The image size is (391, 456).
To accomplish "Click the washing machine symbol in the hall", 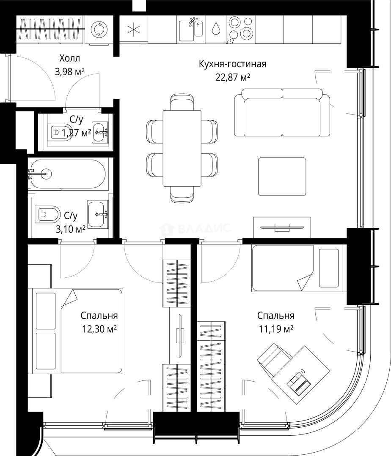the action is click(x=99, y=30).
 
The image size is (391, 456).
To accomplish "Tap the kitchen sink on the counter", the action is click(x=191, y=29).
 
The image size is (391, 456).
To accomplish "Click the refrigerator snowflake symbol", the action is click(x=134, y=30).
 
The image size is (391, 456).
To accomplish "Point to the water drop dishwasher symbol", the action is click(x=216, y=29).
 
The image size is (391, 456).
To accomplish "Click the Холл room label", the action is click(x=70, y=58).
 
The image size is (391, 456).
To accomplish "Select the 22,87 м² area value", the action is click(x=233, y=77).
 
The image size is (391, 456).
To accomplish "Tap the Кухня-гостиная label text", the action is click(x=232, y=64).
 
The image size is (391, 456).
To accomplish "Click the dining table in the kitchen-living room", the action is click(x=182, y=148).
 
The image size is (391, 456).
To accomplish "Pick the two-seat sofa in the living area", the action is click(x=282, y=113).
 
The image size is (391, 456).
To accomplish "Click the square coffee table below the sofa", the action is click(x=282, y=176).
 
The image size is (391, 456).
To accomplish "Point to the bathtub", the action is click(x=67, y=174).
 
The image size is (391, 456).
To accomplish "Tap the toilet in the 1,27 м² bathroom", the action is click(x=59, y=133).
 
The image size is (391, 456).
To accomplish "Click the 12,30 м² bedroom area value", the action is click(x=99, y=329).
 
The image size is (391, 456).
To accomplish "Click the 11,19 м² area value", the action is click(x=276, y=329).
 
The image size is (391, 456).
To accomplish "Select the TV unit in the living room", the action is click(x=282, y=228).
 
